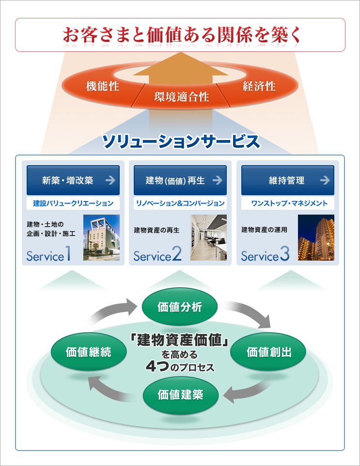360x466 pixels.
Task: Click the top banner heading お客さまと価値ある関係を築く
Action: pos(180,35)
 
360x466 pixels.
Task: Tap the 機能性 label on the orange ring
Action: pos(103,87)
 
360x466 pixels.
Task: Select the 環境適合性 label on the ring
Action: pos(182,96)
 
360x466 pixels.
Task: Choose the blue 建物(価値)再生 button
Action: pos(180,181)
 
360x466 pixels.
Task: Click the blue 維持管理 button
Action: pos(287,181)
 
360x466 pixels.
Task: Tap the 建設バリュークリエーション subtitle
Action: pos(73,203)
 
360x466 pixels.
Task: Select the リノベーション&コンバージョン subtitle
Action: pos(180,203)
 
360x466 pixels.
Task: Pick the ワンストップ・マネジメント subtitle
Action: pos(288,203)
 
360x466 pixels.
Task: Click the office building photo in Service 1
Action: pos(101,237)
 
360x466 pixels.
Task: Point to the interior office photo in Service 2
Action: pos(208,237)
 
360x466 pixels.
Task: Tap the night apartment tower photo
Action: pos(316,237)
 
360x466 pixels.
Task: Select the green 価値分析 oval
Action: pos(180,307)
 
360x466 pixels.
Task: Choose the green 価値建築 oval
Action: pos(180,394)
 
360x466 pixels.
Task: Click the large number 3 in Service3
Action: pos(284,254)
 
